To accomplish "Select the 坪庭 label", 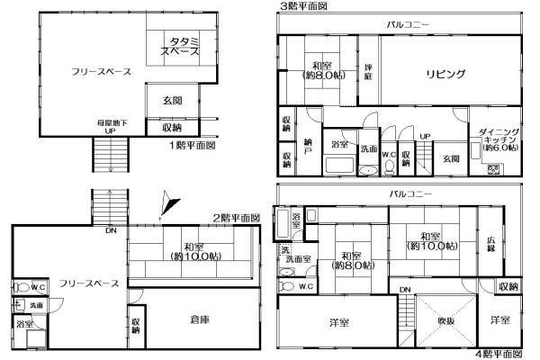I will [368, 69].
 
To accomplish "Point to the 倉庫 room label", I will [201, 318].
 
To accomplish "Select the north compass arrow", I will [162, 206].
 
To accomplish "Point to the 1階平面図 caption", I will [193, 144].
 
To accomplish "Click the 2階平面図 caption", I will [236, 218].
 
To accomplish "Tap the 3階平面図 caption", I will [303, 5].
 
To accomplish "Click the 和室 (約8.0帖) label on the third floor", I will [319, 70].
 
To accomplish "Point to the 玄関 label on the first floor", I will [173, 101].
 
